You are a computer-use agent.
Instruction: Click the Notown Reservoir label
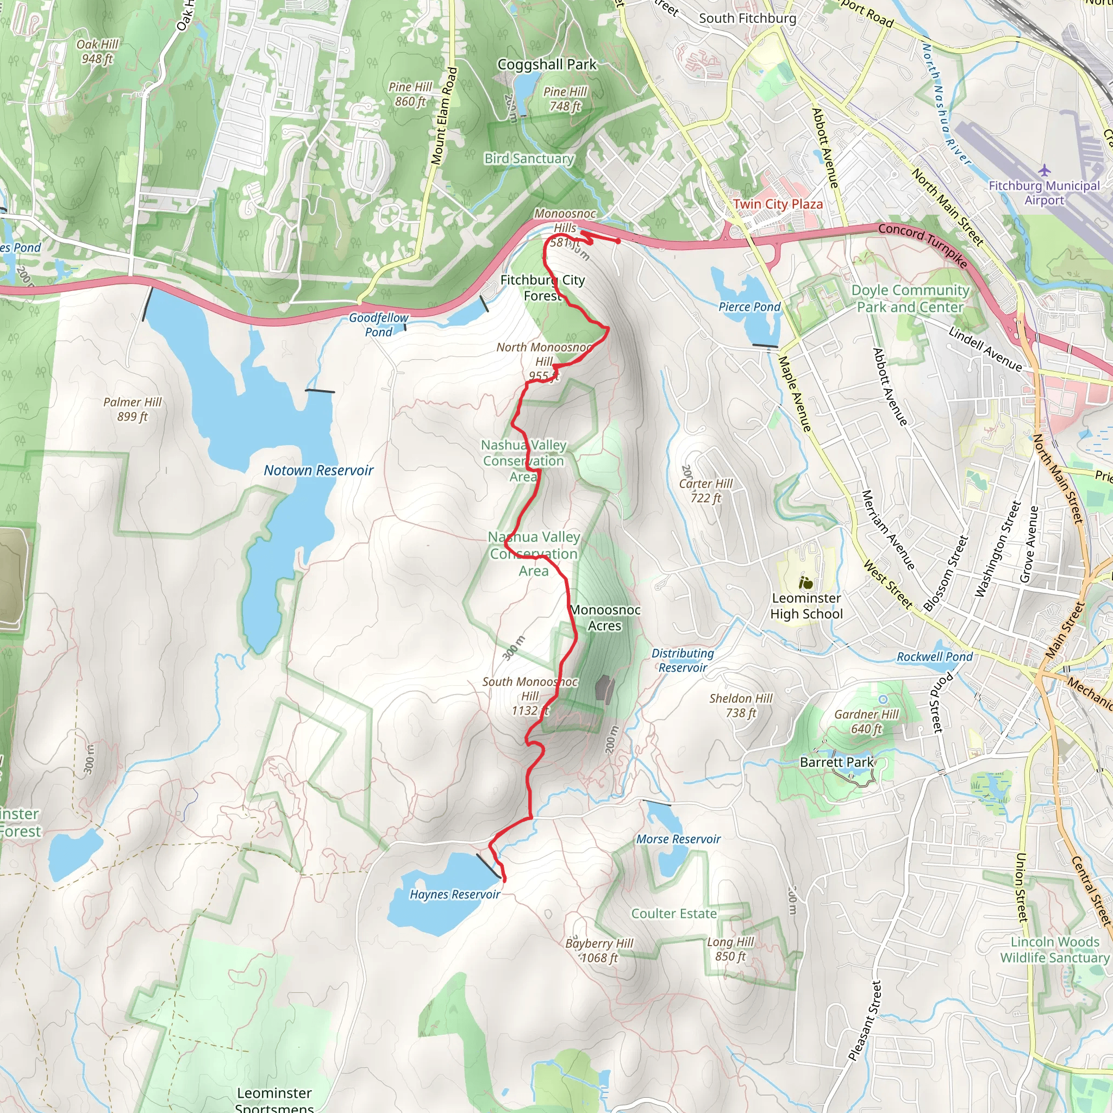318,471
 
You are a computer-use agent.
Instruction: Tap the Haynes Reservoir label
454,894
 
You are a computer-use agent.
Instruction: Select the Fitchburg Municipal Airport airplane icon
1044,171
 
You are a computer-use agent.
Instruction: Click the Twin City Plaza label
778,204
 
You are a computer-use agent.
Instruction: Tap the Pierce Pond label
749,307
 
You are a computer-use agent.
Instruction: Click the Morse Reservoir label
678,839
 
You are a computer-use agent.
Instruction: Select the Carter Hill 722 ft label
706,491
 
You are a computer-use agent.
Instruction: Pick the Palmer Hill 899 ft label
133,409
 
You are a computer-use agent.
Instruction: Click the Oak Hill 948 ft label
97,51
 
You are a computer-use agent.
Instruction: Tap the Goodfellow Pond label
378,325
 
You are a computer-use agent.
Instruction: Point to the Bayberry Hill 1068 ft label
599,951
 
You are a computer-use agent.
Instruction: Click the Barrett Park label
836,762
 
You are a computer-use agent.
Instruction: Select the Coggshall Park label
547,65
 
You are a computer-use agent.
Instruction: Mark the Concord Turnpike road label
922,246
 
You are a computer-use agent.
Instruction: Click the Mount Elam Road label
443,116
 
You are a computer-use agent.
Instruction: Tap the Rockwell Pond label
934,656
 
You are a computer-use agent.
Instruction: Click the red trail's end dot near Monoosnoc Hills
618,241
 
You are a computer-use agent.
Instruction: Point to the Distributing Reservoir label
683,660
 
